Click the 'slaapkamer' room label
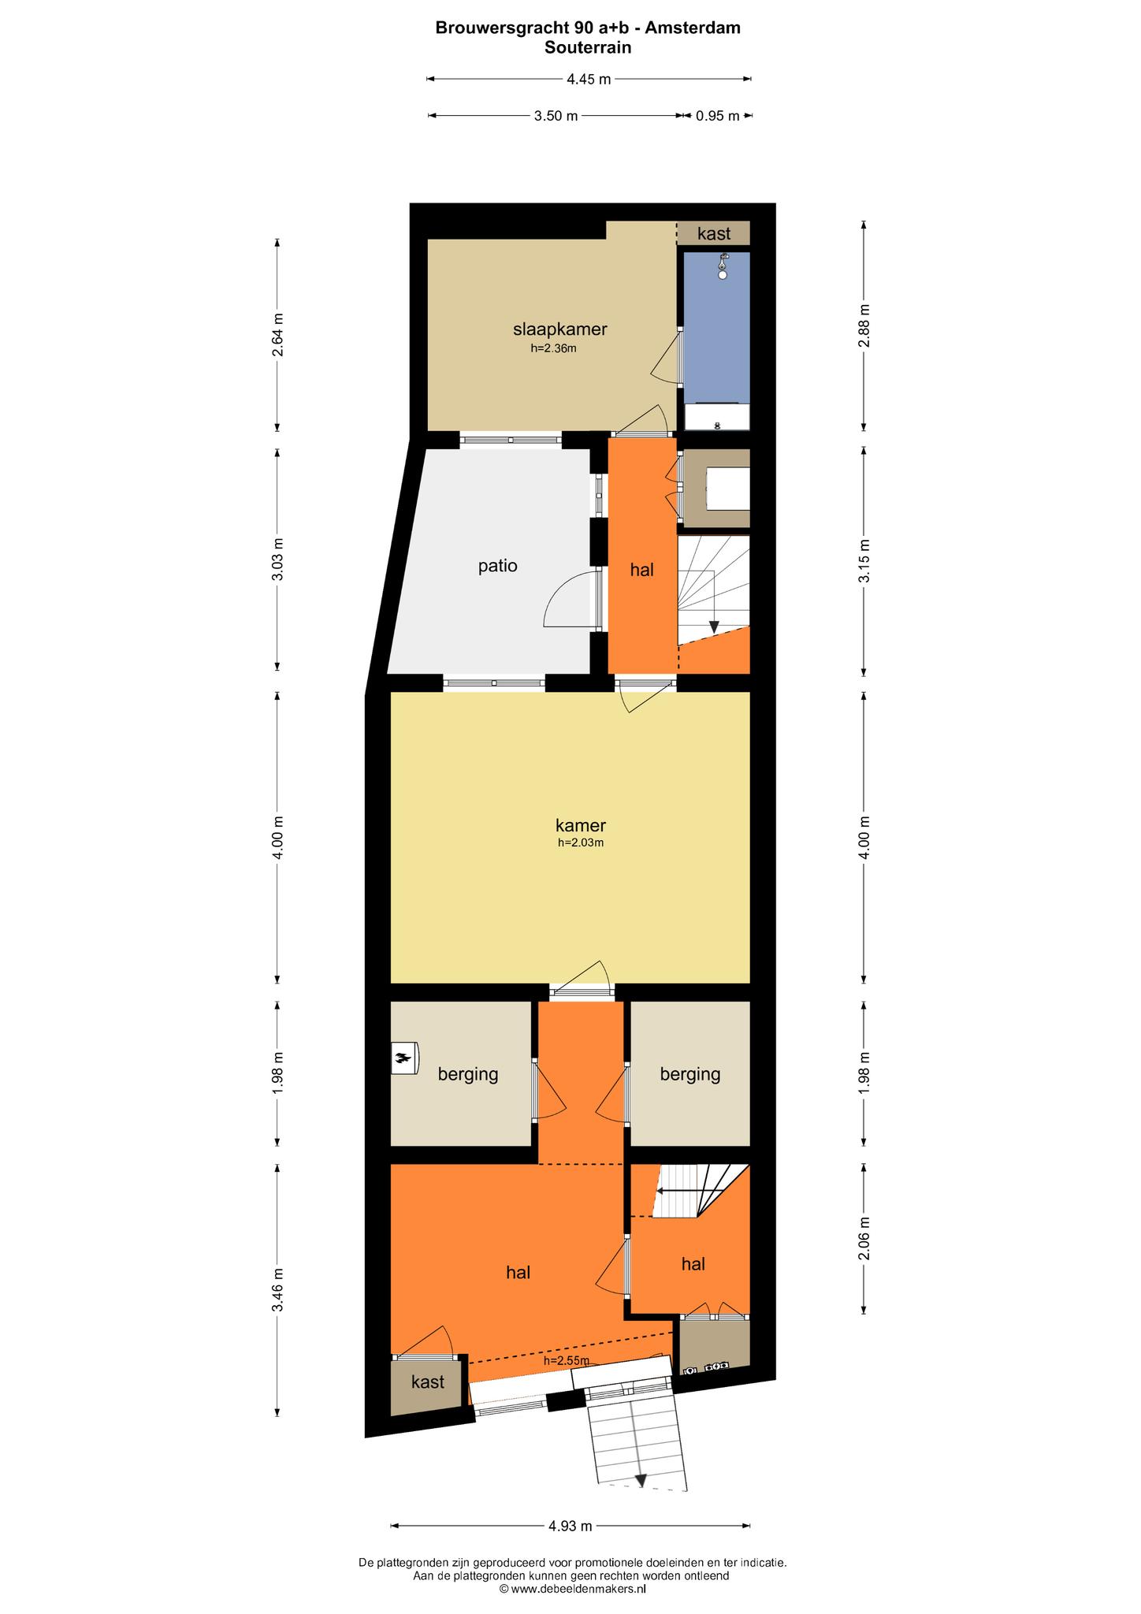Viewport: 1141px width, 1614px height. click(x=559, y=329)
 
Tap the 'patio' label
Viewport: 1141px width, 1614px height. click(x=498, y=566)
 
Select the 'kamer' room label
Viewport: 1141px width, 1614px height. click(x=581, y=826)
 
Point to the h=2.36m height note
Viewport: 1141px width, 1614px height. click(x=554, y=348)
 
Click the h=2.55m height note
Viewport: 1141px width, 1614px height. click(x=567, y=1361)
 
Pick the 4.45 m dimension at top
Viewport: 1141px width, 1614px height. click(x=589, y=79)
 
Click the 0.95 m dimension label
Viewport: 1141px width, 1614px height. click(x=717, y=116)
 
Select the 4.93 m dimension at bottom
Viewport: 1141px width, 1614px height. click(x=570, y=1527)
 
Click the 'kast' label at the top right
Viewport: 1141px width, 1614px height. click(x=714, y=233)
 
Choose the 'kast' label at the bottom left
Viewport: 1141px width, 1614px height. click(x=428, y=1382)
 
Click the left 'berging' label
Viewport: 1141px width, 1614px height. click(x=469, y=1074)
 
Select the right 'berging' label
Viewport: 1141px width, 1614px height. click(x=690, y=1074)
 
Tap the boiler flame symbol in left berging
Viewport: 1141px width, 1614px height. click(x=404, y=1058)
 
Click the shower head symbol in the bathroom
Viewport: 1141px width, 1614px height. click(x=723, y=266)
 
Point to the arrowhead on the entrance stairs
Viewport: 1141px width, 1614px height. click(x=640, y=1481)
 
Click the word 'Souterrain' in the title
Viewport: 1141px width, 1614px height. click(x=588, y=47)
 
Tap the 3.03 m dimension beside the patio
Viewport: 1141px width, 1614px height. click(x=277, y=560)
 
